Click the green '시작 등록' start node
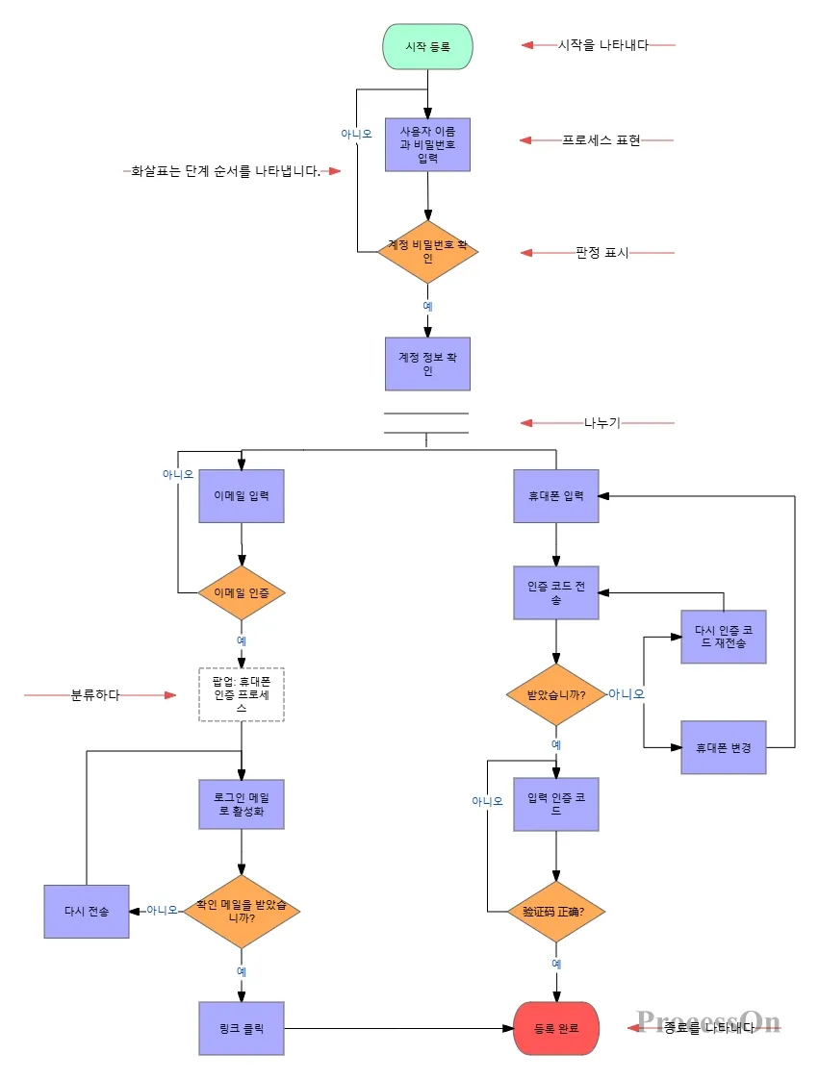[427, 46]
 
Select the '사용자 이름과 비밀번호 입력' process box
[427, 144]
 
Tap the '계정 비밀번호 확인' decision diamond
[427, 252]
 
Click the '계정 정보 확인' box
[427, 364]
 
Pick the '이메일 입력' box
[241, 496]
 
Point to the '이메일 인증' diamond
[241, 592]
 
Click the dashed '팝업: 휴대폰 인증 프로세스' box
[241, 694]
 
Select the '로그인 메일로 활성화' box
[241, 804]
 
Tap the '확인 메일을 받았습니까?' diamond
[241, 910]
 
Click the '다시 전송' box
[87, 911]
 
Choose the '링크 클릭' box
[241, 1028]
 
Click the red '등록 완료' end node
[556, 1028]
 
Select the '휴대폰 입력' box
[556, 496]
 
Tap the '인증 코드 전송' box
[556, 592]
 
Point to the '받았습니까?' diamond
[556, 694]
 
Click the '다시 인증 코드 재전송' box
[724, 637]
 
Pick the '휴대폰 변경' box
[724, 747]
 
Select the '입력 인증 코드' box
[556, 804]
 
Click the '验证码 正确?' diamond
[556, 911]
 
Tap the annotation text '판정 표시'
[601, 253]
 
